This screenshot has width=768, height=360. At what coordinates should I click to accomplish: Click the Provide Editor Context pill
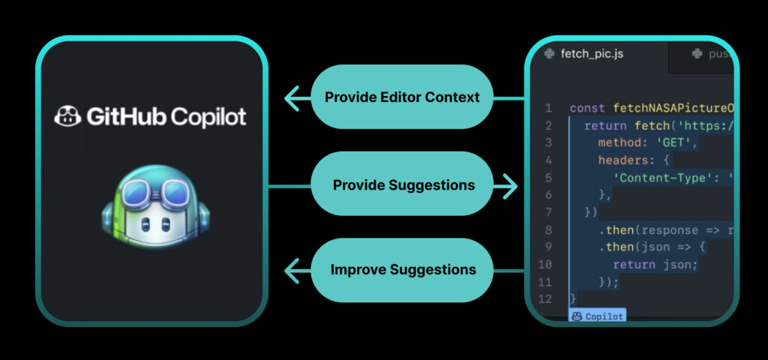click(401, 97)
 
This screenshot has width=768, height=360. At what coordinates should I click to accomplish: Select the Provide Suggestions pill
click(403, 184)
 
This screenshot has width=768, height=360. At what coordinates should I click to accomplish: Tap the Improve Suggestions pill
click(403, 269)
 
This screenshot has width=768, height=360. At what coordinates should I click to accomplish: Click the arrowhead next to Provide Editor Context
click(292, 97)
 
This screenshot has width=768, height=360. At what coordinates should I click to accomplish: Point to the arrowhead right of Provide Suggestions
click(511, 184)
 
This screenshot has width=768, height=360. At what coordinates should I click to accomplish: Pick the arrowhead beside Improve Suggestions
click(292, 269)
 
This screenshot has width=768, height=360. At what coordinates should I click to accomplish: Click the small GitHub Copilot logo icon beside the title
click(67, 117)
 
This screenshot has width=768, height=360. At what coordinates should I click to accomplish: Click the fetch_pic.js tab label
click(592, 53)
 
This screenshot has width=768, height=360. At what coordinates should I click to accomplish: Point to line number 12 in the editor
click(544, 298)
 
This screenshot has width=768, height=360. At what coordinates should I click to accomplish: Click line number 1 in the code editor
click(548, 108)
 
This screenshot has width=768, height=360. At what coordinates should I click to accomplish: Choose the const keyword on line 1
click(587, 108)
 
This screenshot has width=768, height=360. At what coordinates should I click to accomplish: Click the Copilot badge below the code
click(597, 316)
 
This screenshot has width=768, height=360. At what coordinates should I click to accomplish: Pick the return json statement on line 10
click(655, 264)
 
